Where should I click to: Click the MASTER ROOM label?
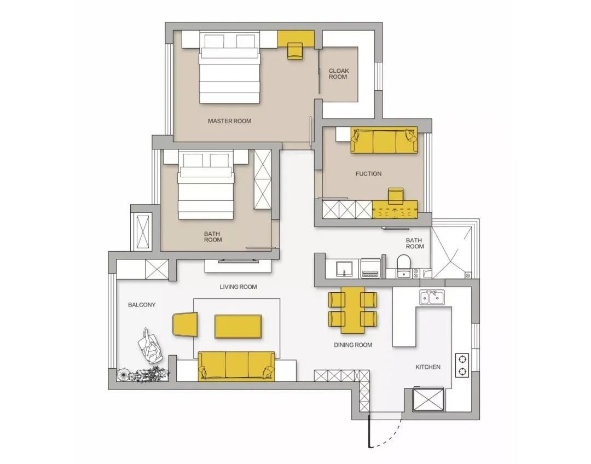coord(229,121)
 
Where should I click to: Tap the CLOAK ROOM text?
coord(339,73)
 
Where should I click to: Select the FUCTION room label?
coord(368,174)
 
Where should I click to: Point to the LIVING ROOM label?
coord(238,287)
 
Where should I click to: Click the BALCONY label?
coord(142,305)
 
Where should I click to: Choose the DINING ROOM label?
coord(353,345)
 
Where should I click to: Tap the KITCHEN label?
coord(428,367)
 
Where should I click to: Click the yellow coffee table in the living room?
coord(238,327)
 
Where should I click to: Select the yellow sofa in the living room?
coord(237,366)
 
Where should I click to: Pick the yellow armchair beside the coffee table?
coord(186,324)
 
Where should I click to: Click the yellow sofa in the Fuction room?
coord(384,140)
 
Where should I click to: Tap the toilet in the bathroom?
coord(403,266)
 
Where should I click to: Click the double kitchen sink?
coord(432,297)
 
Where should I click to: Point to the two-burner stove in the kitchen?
coord(462,365)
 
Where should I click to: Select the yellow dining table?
coord(353,310)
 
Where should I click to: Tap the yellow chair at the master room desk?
coord(295,51)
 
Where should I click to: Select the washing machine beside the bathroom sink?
coord(370,268)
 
